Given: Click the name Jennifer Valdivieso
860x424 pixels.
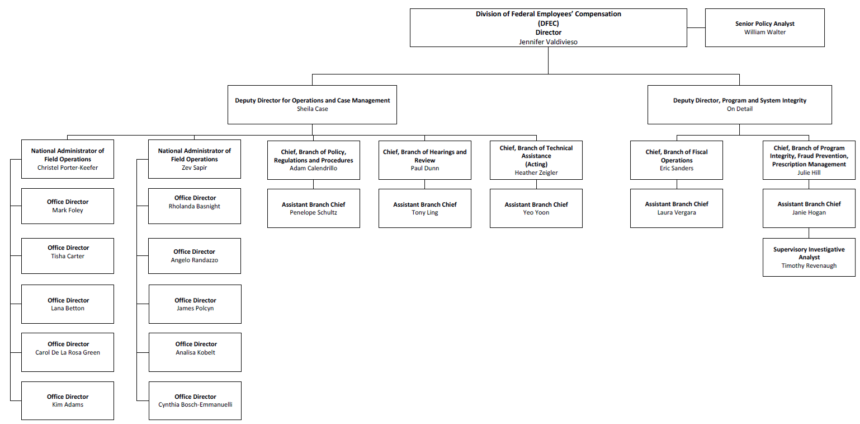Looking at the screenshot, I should tap(548, 41).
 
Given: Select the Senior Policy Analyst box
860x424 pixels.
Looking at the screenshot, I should tap(764, 27).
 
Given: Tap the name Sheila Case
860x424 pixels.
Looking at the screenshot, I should tap(312, 109).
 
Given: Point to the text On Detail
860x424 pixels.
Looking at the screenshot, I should tap(739, 109).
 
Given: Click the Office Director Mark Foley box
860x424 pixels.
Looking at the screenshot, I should tap(68, 206).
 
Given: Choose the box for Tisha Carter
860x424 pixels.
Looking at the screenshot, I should tap(68, 256).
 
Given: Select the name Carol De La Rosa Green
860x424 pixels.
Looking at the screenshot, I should tap(68, 352).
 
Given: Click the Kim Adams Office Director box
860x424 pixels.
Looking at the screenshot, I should tap(68, 400).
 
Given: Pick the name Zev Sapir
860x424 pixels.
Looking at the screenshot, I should tap(194, 167).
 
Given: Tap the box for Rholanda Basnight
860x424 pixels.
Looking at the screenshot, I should tap(195, 206).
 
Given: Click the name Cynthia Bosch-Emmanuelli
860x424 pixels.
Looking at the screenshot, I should tap(195, 404).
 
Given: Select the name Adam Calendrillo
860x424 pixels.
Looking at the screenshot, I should tap(313, 168).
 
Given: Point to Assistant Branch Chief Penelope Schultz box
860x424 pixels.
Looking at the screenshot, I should tap(313, 208).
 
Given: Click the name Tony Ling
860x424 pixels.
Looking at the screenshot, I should tap(424, 213).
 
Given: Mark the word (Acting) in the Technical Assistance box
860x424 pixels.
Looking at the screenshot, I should tap(536, 165).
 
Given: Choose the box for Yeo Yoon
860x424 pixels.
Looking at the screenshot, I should tap(536, 208).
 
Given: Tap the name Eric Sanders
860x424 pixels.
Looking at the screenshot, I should tap(676, 168).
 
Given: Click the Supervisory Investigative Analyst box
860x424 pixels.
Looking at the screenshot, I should tap(809, 257).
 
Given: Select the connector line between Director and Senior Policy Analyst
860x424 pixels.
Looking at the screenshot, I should tap(696, 27).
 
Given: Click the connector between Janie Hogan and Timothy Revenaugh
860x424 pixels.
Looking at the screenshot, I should tap(809, 232).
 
